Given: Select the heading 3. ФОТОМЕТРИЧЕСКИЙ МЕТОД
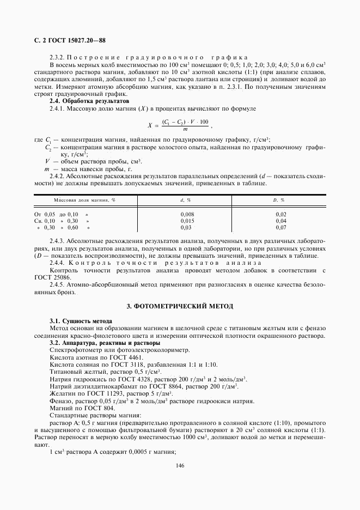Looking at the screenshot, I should [x=179, y=307].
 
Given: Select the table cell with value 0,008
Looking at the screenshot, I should [x=187, y=214].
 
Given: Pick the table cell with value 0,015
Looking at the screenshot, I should [x=187, y=221].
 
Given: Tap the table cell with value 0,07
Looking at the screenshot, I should [x=280, y=227].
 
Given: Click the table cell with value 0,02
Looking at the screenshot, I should [x=280, y=214].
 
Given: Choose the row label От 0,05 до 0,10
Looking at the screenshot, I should [x=61, y=214].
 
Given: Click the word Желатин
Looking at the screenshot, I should [x=62, y=393].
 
